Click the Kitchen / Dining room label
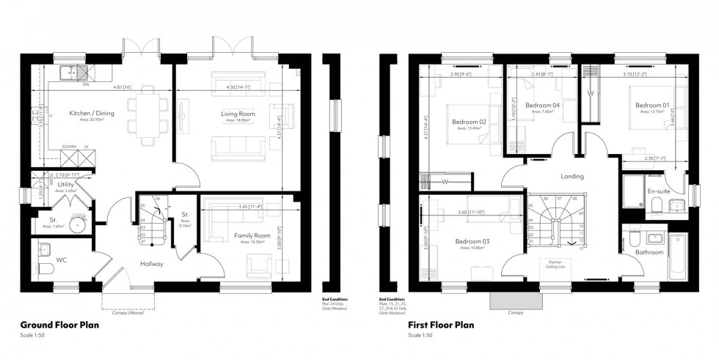91,114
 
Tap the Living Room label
238,114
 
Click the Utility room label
65,185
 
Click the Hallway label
152,263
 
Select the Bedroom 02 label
470,121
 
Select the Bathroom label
649,252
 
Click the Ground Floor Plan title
60,324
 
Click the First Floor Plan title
439,324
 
